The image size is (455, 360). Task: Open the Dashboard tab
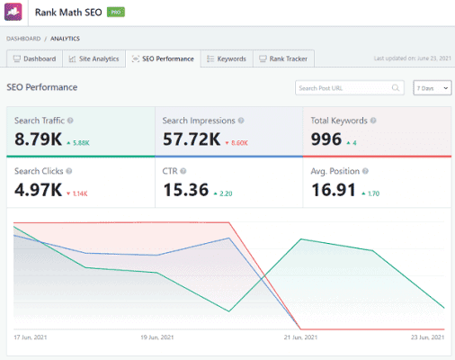click(35, 59)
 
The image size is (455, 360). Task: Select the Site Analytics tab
click(94, 59)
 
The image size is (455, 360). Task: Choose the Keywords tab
click(227, 59)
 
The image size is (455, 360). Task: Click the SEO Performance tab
click(163, 59)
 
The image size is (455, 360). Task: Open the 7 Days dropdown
click(432, 88)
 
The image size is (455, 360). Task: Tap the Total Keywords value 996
click(326, 139)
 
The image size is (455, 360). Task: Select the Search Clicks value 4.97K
click(37, 190)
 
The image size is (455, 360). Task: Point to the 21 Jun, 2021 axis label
click(300, 337)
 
